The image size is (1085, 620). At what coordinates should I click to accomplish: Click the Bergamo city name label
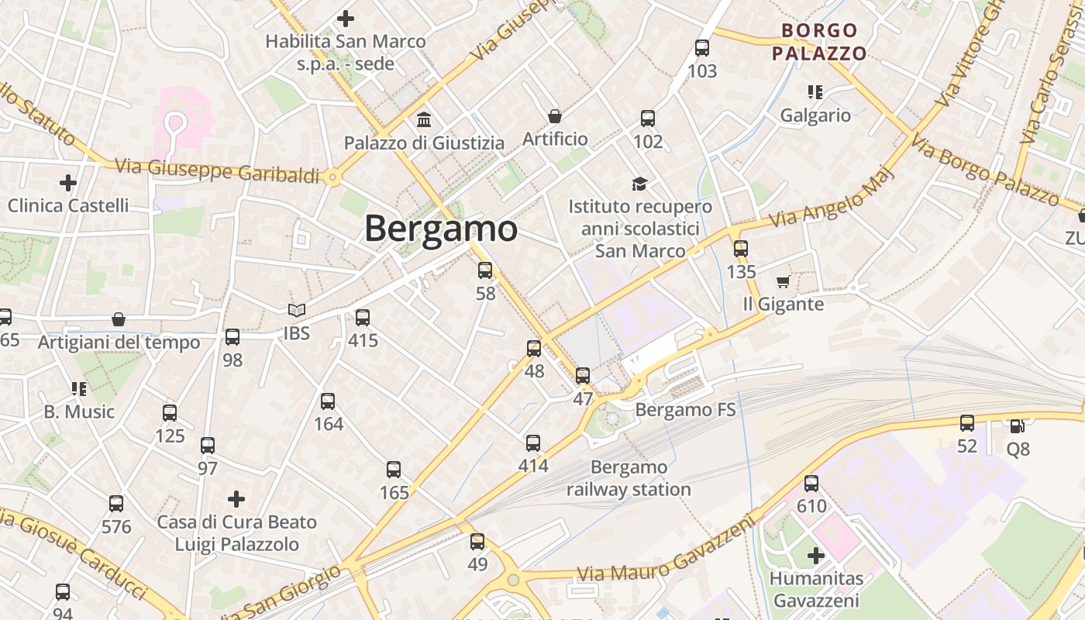(x=440, y=229)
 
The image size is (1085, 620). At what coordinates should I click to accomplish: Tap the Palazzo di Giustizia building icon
(x=424, y=120)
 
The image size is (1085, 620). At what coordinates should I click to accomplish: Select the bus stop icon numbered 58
(x=485, y=270)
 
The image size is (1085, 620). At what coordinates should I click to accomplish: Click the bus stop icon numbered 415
(x=362, y=317)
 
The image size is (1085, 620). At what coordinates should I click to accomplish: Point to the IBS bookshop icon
(x=296, y=311)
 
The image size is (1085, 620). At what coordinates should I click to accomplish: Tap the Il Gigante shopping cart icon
(x=783, y=281)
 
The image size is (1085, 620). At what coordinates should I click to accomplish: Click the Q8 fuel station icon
(x=1017, y=425)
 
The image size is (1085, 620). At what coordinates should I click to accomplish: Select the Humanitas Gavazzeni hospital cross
(x=815, y=556)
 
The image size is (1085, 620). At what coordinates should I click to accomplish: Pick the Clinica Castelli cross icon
(x=68, y=183)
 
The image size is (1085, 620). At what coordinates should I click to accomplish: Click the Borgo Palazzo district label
(x=819, y=42)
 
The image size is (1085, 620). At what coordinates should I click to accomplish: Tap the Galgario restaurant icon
(x=815, y=92)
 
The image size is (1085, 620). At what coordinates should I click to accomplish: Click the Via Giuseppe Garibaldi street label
(x=217, y=171)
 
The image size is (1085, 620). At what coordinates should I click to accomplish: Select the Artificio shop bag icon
(x=555, y=116)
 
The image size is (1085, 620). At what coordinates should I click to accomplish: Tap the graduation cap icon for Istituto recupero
(x=639, y=184)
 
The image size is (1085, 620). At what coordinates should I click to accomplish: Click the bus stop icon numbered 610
(x=811, y=484)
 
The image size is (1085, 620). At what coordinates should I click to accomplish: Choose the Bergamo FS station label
(x=685, y=410)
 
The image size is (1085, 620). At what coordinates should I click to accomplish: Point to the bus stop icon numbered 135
(x=741, y=249)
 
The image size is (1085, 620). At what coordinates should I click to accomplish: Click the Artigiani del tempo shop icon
(x=119, y=319)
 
